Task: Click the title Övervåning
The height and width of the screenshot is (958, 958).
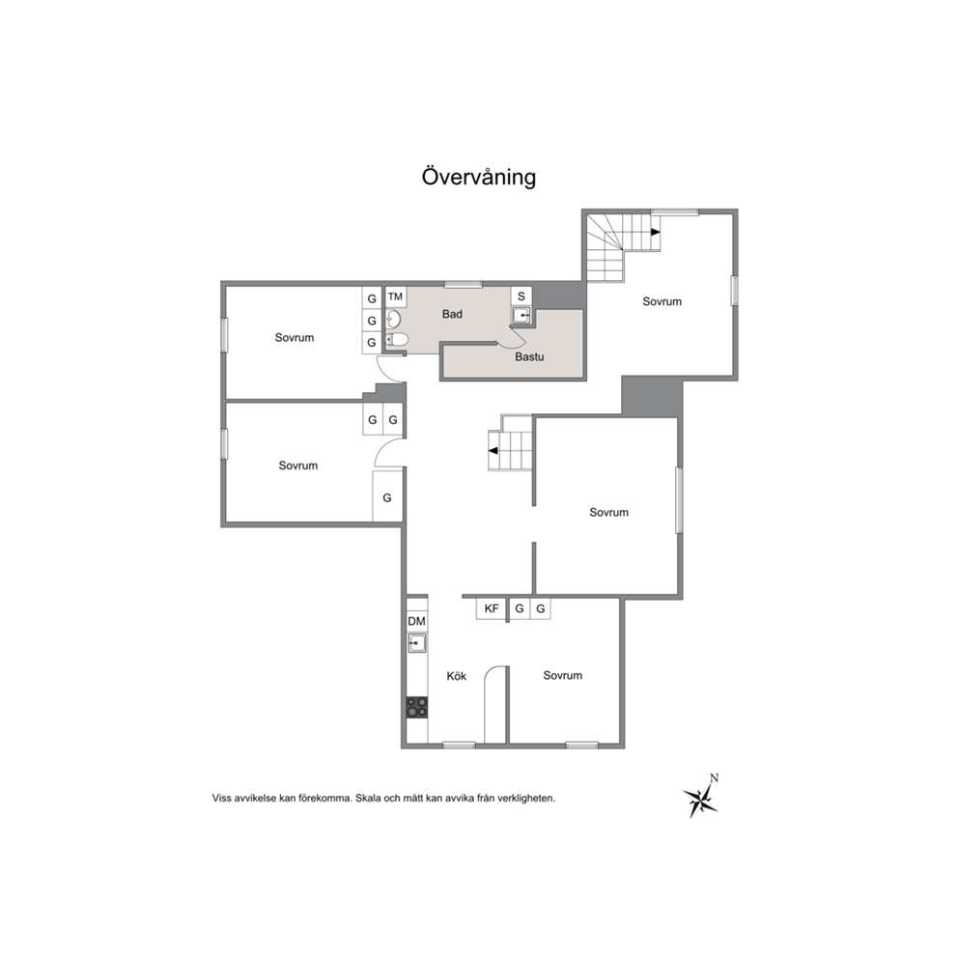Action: [479, 177]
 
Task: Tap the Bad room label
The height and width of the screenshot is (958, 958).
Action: [452, 314]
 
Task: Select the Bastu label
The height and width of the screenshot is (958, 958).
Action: [529, 356]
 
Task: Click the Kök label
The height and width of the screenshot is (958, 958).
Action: [457, 676]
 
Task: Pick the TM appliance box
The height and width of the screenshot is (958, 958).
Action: [396, 296]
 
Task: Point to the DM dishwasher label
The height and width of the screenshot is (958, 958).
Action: [416, 622]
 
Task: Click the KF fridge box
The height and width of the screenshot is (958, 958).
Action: [492, 608]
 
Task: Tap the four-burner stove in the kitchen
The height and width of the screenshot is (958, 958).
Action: [417, 708]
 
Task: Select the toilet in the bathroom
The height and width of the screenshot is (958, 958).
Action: [395, 340]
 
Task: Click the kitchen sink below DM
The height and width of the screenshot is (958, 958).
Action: [417, 643]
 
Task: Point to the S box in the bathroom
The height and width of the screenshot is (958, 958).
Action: [521, 296]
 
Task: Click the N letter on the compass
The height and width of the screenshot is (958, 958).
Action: [715, 777]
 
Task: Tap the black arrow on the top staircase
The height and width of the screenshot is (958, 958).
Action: [655, 232]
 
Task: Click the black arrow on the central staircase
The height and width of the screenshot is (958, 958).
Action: [493, 451]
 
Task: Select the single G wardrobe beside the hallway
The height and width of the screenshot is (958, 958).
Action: [387, 497]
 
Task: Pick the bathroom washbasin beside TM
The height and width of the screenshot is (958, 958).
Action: [393, 319]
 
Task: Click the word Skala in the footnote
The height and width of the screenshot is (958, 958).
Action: [367, 798]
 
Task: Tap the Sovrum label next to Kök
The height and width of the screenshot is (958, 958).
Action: [563, 676]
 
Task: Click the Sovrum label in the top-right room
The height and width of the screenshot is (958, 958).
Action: [662, 302]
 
